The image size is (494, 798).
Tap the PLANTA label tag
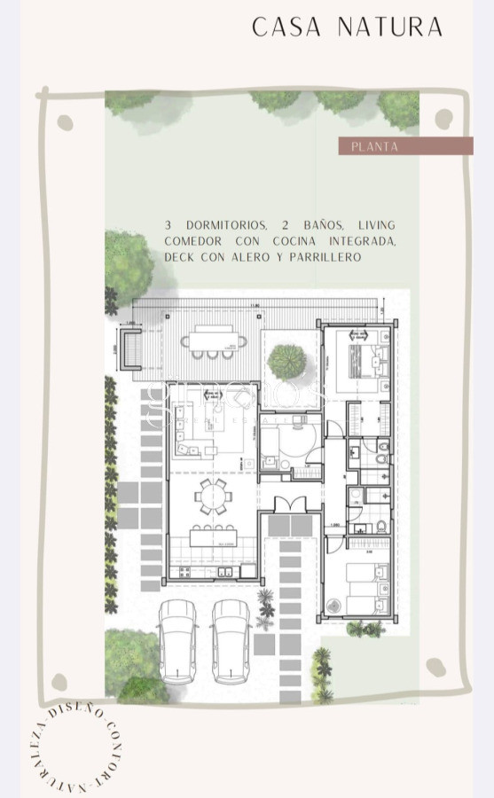[374, 146]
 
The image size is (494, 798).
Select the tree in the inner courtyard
[286, 361]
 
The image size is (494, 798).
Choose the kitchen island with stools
[213, 536]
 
